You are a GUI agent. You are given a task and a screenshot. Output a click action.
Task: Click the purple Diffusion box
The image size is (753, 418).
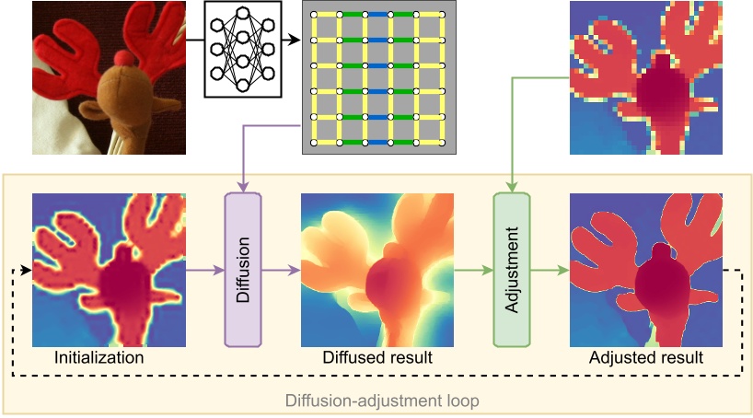pyautogui.click(x=243, y=270)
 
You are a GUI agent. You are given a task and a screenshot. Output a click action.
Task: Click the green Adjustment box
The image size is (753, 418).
pyautogui.click(x=511, y=270)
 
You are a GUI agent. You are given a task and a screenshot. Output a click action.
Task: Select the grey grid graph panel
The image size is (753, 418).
pyautogui.click(x=378, y=78)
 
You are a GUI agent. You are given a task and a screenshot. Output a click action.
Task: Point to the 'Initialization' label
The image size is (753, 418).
pyautogui.click(x=99, y=357)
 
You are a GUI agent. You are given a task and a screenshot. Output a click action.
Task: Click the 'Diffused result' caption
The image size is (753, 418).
pyautogui.click(x=377, y=357)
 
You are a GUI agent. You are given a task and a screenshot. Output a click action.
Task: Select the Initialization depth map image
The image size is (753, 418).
pyautogui.click(x=109, y=270)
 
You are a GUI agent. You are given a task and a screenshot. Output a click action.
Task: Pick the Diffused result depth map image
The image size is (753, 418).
pyautogui.click(x=377, y=270)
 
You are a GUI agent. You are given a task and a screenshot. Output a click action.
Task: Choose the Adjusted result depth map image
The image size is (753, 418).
pyautogui.click(x=645, y=270)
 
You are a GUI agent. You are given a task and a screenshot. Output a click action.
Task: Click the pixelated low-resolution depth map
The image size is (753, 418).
pyautogui.click(x=645, y=78)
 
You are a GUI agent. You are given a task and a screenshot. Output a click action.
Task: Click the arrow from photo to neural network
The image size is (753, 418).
pyautogui.click(x=194, y=40)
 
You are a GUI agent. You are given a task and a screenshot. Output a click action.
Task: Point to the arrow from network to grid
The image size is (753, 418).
pyautogui.click(x=291, y=40)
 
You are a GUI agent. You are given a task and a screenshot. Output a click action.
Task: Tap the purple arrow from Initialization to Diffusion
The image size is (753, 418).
pyautogui.click(x=204, y=270)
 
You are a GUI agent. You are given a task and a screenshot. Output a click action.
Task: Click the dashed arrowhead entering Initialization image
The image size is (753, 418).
pyautogui.click(x=29, y=271)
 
